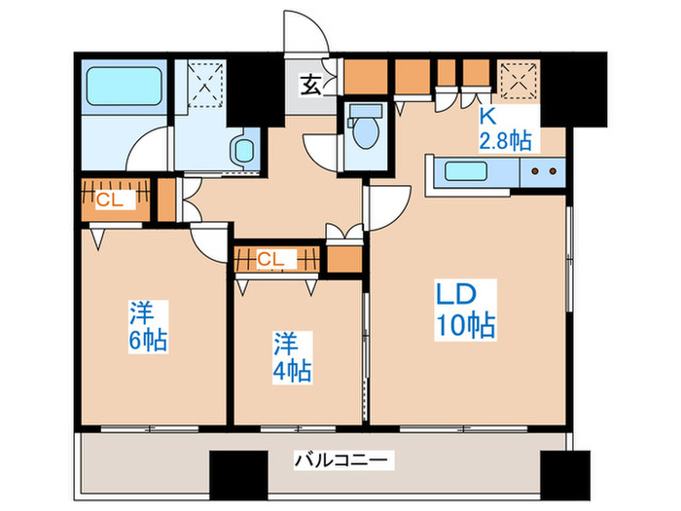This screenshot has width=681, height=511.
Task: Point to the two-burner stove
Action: (542, 173)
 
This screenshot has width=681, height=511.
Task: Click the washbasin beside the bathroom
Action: (241, 149)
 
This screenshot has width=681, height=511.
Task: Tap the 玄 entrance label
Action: (308, 86)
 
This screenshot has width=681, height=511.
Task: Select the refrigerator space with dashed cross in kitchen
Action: (517, 80)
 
